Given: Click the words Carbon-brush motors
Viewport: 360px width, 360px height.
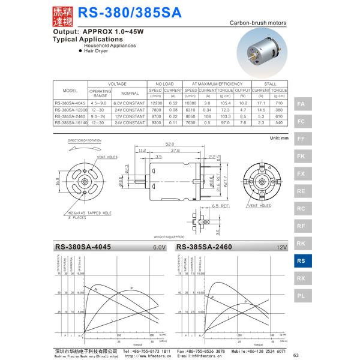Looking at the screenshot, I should click(259, 23).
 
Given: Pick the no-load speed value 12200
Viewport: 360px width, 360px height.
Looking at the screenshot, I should click(156, 104).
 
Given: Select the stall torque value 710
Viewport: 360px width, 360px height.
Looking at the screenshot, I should click(279, 104).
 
